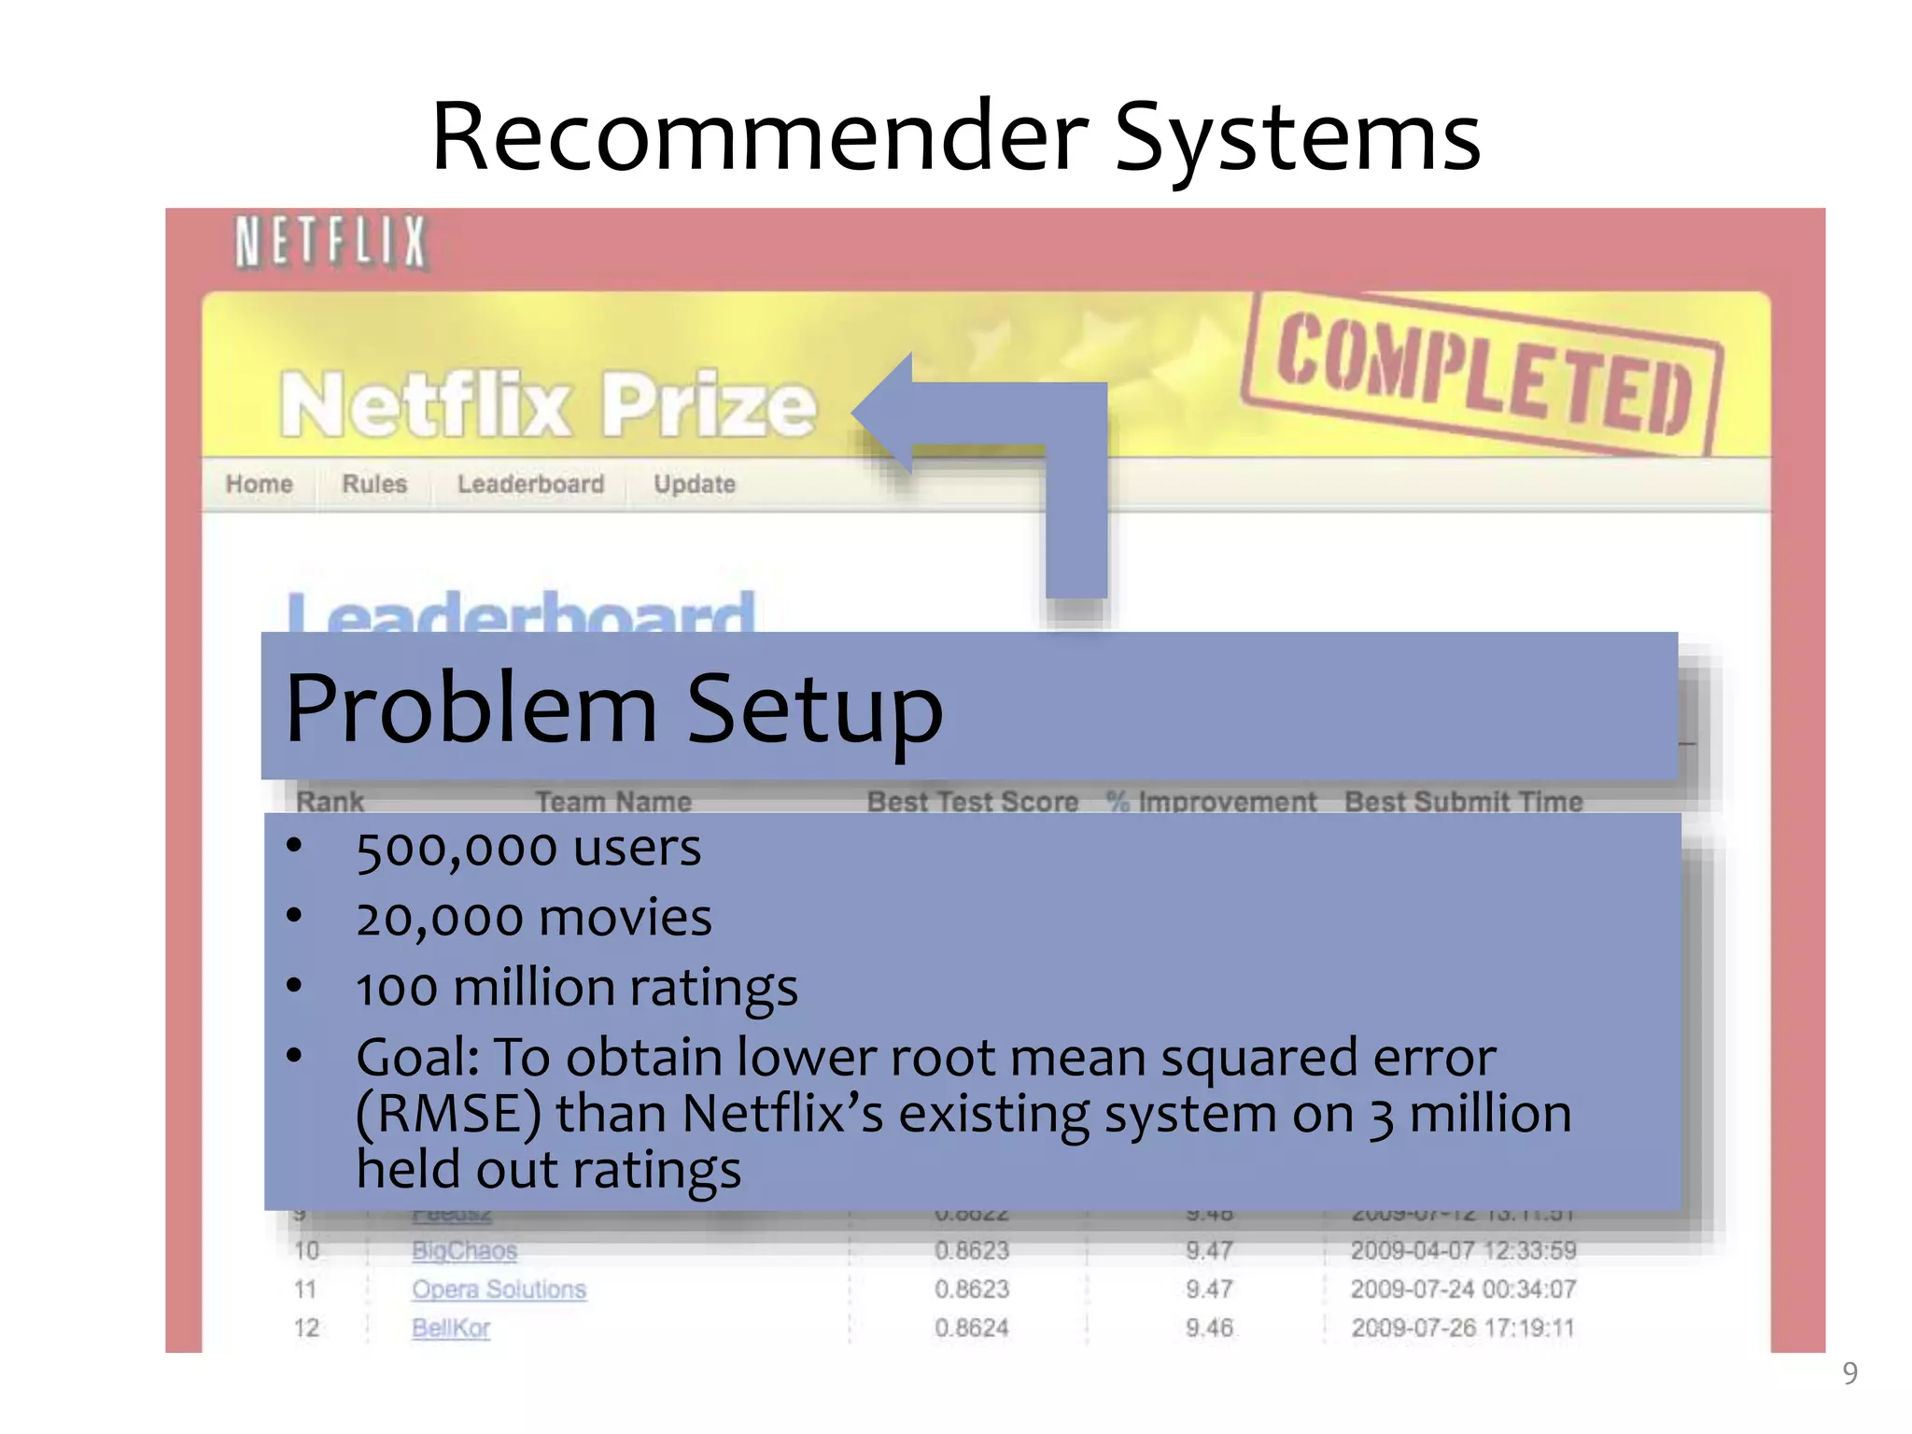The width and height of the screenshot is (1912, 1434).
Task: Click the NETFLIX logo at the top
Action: click(x=330, y=242)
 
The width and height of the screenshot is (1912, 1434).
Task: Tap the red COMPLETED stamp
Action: click(x=1484, y=375)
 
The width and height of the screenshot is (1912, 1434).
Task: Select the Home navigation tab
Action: click(x=259, y=485)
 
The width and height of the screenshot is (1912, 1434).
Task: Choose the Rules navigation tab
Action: click(x=374, y=485)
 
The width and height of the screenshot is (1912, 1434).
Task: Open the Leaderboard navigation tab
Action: click(x=530, y=485)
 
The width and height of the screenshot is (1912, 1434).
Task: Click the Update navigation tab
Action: click(x=695, y=485)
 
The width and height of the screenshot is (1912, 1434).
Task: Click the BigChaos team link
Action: click(x=464, y=1251)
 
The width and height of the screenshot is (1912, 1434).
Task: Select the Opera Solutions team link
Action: click(x=499, y=1289)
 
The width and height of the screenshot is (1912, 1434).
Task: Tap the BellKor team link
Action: click(x=451, y=1328)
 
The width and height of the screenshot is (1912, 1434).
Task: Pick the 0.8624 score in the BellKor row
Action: click(x=972, y=1328)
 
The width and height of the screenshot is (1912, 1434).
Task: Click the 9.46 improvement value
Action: click(x=1209, y=1328)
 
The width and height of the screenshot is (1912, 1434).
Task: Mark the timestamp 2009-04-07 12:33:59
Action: click(x=1463, y=1251)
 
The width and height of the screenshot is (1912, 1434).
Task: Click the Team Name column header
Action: click(x=613, y=801)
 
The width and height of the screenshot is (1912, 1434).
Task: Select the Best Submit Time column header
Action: click(x=1463, y=801)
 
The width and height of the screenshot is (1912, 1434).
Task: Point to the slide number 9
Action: click(x=1849, y=1373)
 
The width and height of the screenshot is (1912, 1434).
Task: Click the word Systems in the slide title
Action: click(x=1297, y=137)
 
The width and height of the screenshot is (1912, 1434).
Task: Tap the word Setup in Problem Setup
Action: click(x=814, y=710)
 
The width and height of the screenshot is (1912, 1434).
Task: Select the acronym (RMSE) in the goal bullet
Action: click(x=448, y=1114)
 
